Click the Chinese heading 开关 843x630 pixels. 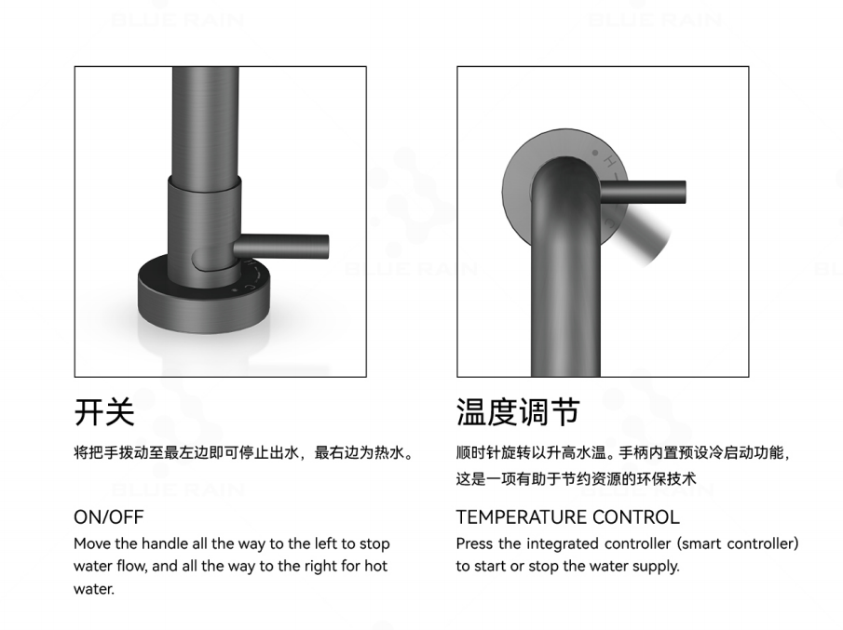(104, 412)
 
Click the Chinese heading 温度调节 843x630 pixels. (518, 412)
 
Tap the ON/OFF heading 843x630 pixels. (109, 517)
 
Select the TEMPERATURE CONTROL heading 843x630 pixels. (567, 517)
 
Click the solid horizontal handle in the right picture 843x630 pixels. (643, 193)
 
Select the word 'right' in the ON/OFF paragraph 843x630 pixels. (321, 566)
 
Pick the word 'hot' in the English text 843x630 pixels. (375, 566)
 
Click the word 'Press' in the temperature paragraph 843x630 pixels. (475, 543)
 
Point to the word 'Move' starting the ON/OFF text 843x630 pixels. (92, 543)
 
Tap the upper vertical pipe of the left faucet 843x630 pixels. (206, 122)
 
